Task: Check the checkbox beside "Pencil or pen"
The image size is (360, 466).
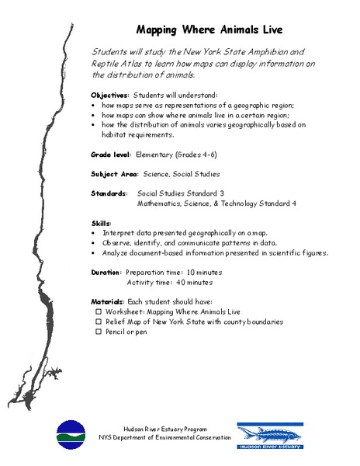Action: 99,331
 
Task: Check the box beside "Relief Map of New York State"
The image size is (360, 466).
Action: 99,321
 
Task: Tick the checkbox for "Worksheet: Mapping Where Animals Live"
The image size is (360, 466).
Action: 99,311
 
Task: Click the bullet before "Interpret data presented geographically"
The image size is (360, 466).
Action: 93,232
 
